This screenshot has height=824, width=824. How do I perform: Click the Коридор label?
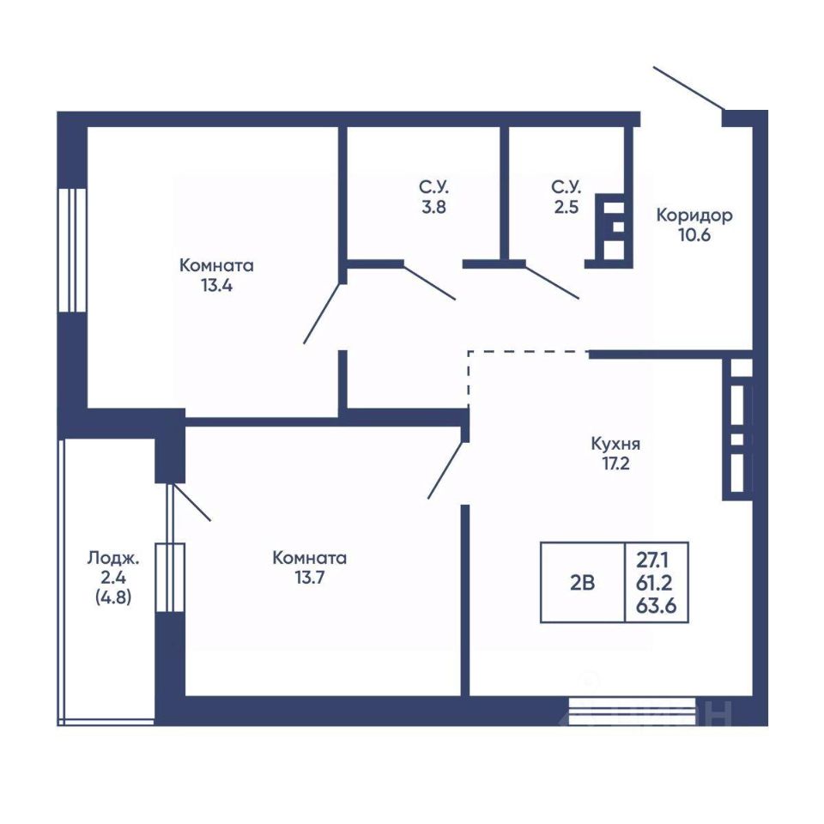pos(694,215)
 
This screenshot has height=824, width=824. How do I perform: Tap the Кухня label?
pos(615,444)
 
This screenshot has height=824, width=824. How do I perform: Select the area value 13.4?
pos(216,286)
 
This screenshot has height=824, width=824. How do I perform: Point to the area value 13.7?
pos(310,578)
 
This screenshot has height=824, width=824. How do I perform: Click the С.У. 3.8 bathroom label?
pos(434,197)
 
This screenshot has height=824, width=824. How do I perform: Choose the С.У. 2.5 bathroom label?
pos(566,197)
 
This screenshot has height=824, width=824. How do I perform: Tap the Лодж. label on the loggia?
pos(113,558)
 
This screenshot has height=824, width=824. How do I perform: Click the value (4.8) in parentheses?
pos(113,597)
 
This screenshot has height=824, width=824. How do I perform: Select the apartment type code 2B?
pos(582,583)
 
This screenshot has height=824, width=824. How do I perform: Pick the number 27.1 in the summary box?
pos(652,561)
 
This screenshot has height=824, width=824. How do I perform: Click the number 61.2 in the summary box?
pos(655,584)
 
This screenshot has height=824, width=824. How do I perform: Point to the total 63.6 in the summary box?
pos(656,606)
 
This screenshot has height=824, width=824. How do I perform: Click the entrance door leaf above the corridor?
pos(688,88)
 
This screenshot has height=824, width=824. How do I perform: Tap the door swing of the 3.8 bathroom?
pos(429,282)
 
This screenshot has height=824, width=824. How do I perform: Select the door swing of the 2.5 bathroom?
pos(552,282)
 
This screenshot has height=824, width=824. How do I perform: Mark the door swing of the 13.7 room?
pos(446,470)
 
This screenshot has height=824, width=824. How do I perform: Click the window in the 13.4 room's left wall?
pos(72,250)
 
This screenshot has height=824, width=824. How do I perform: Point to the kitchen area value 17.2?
pos(615,464)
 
